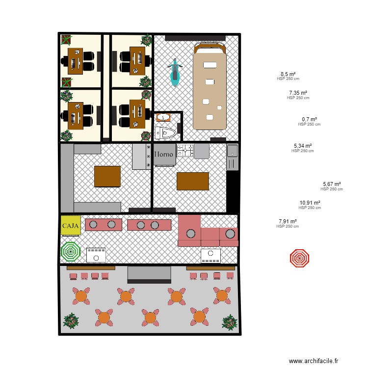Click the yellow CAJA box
pyautogui.click(x=71, y=226)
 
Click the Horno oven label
pyautogui.click(x=164, y=154)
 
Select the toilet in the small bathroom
pyautogui.click(x=165, y=132)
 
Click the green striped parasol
pyautogui.click(x=71, y=252)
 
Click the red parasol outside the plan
pyautogui.click(x=299, y=258)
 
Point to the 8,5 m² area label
pyautogui.click(x=288, y=75)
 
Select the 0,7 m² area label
pyautogui.click(x=309, y=119)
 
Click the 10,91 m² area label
pyautogui.click(x=310, y=203)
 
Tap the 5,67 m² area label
pyautogui.click(x=332, y=184)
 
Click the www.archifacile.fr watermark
pyautogui.click(x=314, y=361)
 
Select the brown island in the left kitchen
pyautogui.click(x=107, y=177)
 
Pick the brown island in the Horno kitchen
pyautogui.click(x=193, y=181)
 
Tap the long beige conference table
pyautogui.click(x=210, y=91)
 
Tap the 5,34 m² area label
pyautogui.click(x=303, y=146)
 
